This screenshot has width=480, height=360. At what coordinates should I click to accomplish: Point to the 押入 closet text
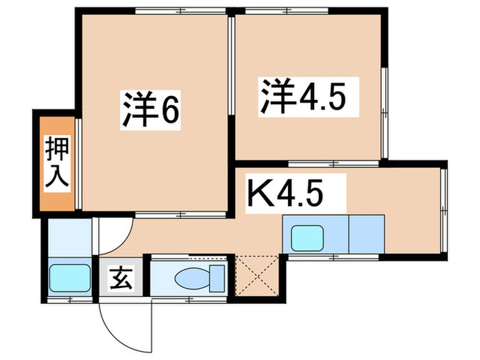click(x=55, y=162)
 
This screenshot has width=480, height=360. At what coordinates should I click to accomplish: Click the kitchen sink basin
click(x=310, y=237)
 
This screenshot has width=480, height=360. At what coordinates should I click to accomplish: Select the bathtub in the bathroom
click(x=69, y=279)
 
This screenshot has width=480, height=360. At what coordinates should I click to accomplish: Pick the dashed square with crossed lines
click(x=258, y=277)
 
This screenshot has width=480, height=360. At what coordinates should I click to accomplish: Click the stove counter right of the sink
click(x=367, y=235)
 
